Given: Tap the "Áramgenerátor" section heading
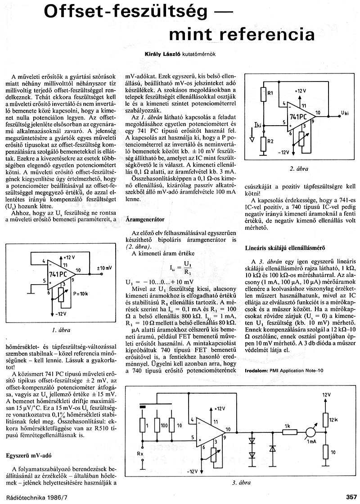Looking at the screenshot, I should click(146, 219).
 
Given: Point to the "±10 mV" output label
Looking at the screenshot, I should click(104, 268).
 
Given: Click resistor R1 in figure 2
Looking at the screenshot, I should click(263, 94).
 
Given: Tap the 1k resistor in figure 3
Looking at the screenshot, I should click(287, 433).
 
